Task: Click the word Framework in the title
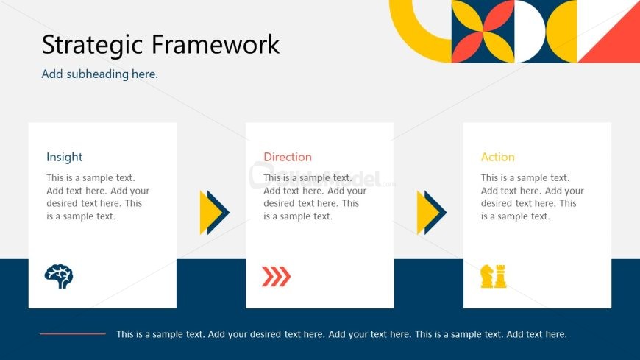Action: tap(216, 43)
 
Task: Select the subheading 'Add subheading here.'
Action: tap(99, 74)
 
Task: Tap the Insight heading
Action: tap(64, 157)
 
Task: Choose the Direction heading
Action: tap(288, 157)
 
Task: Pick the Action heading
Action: tap(497, 157)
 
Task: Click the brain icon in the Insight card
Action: tap(59, 276)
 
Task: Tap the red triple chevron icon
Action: tap(276, 276)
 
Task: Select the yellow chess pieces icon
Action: tap(494, 276)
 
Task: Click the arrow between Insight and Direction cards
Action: tap(215, 213)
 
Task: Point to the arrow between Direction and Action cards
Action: tap(432, 213)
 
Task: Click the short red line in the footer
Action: tap(73, 333)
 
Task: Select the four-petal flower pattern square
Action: tap(483, 32)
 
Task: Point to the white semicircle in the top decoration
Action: tap(530, 32)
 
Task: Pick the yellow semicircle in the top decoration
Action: tap(563, 32)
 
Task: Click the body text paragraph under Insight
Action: tap(98, 197)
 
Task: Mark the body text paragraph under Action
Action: tap(533, 197)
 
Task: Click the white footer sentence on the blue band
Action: tap(341, 334)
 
